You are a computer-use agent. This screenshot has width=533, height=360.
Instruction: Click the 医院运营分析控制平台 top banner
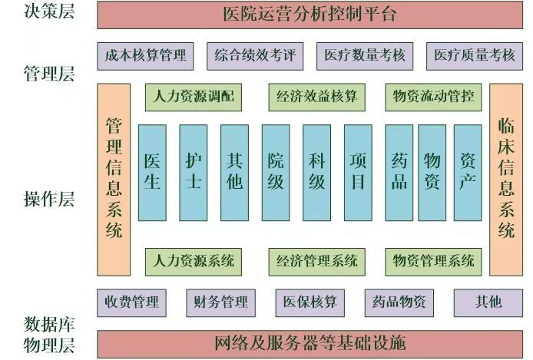310,14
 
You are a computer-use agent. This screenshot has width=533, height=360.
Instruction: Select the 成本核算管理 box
145,55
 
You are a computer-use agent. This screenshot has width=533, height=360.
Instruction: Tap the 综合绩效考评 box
255,55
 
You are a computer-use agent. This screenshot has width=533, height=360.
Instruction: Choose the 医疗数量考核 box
364,55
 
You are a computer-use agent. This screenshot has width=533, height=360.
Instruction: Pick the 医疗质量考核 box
474,55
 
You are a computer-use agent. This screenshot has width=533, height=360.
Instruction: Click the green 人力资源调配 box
194,97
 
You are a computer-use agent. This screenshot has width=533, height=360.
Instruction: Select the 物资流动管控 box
433,97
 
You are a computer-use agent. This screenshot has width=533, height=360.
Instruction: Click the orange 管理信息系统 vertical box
114,179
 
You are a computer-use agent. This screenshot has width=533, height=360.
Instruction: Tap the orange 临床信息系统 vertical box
505,179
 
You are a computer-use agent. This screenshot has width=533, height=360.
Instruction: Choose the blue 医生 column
152,172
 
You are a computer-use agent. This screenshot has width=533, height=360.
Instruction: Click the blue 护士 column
194,172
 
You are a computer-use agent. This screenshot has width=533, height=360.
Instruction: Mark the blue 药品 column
399,172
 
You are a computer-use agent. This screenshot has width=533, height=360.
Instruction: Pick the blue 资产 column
467,172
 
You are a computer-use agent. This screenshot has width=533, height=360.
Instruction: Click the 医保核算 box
310,302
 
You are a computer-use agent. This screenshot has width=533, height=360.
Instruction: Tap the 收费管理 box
132,302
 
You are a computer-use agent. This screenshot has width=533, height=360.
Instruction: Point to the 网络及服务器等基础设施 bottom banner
310,342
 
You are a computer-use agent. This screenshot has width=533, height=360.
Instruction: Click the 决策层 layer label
49,12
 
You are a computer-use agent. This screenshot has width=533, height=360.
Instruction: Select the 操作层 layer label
49,200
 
